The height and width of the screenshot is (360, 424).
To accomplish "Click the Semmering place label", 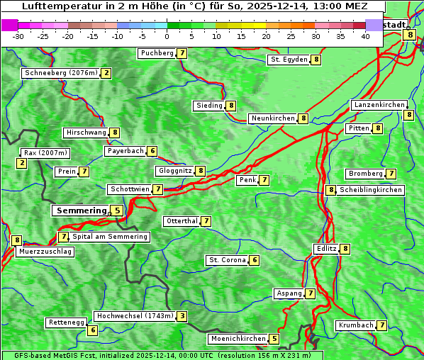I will point(80,210).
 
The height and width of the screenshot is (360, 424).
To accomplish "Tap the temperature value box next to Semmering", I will point(117,210).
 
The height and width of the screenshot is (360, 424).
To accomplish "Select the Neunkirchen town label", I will point(272,118).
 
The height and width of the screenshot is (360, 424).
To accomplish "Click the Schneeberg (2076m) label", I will point(60,73).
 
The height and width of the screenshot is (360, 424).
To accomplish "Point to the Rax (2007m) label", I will point(45,152).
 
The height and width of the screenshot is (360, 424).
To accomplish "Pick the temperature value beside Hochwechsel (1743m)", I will point(182,316).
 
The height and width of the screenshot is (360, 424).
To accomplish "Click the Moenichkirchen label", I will point(238,339).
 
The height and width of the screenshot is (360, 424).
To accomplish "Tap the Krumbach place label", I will point(355,325).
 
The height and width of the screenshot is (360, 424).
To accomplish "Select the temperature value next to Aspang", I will point(311,293).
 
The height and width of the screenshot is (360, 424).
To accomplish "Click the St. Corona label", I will point(227,260).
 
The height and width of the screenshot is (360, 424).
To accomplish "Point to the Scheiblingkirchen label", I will point(371,190).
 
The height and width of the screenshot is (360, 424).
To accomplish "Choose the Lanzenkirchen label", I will point(379,105).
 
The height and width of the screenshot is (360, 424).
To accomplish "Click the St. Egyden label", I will point(289,60).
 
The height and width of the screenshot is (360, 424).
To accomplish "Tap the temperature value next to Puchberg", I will point(182,53).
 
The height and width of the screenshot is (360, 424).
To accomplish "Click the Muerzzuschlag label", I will point(45,252).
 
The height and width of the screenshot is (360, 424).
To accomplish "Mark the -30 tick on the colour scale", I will point(18,36).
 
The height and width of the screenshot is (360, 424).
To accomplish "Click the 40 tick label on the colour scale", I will point(365,36).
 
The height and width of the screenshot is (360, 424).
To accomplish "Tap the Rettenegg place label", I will point(67,322).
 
